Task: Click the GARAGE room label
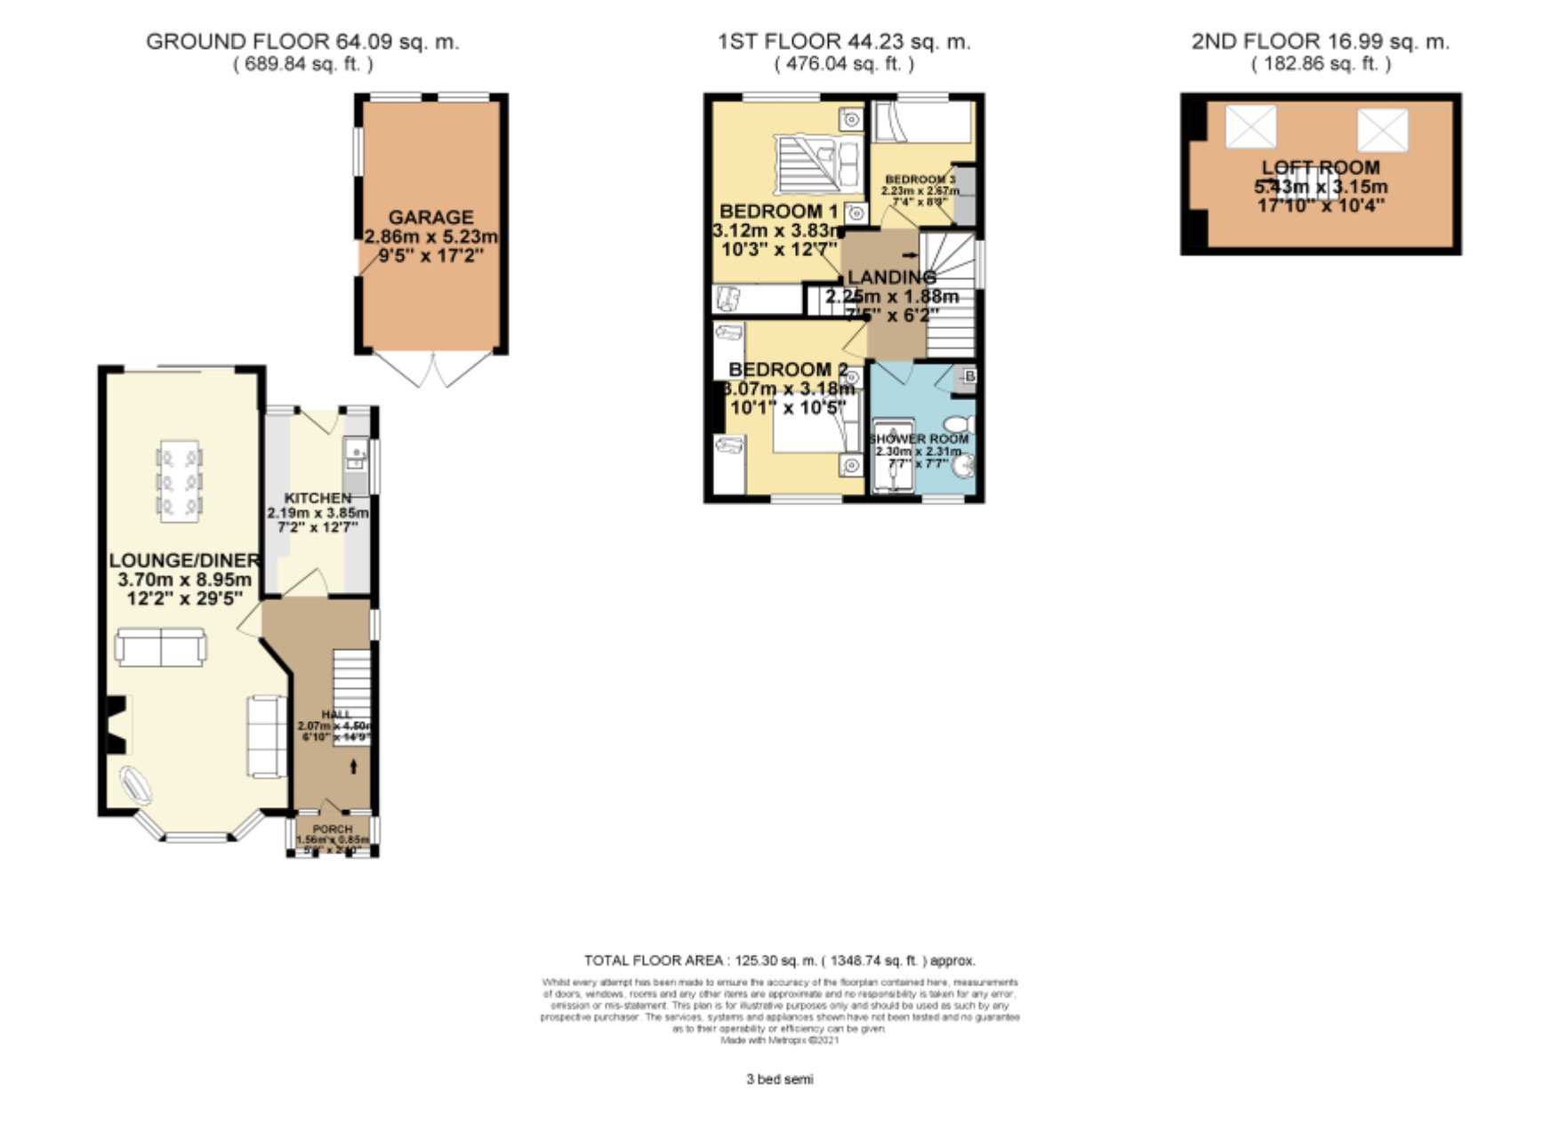click(x=430, y=218)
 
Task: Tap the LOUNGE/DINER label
click(x=184, y=560)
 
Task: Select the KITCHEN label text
click(x=317, y=498)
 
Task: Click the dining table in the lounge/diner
click(x=179, y=481)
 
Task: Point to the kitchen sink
click(x=356, y=457)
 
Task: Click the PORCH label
click(x=332, y=829)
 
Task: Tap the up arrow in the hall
click(x=354, y=766)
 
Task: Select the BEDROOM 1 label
click(x=778, y=212)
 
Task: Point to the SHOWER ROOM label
click(x=919, y=439)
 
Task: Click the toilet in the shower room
click(x=960, y=424)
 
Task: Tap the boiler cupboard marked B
click(x=968, y=377)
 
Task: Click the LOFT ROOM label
click(x=1321, y=168)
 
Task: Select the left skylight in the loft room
click(x=1250, y=126)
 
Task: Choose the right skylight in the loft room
click(x=1382, y=130)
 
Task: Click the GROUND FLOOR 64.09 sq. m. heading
click(x=302, y=42)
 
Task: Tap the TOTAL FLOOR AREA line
click(x=779, y=960)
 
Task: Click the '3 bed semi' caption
click(x=779, y=1079)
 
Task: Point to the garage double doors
click(x=432, y=370)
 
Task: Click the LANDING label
click(x=891, y=277)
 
